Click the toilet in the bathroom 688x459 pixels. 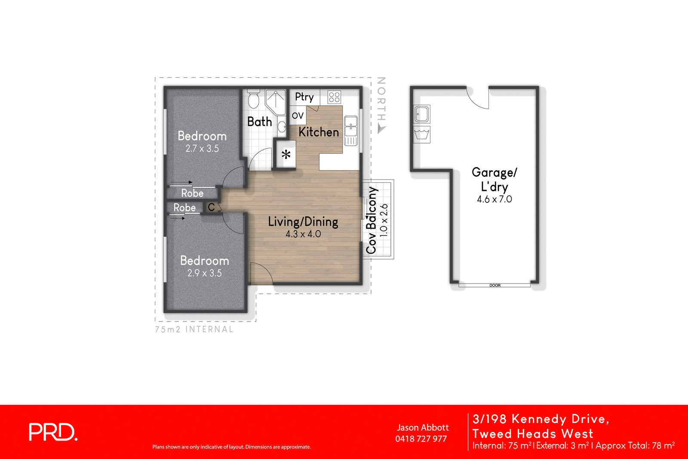click(254, 100)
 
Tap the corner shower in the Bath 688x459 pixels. click(276, 102)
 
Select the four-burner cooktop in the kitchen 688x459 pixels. click(334, 97)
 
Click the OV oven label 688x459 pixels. click(298, 116)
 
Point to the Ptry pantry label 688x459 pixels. click(304, 97)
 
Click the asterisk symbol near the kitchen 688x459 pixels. click(286, 155)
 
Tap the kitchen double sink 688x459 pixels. click(351, 125)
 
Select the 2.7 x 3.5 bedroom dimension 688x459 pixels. click(202, 149)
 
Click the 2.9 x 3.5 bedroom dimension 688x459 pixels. click(204, 273)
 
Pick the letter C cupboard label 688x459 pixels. click(211, 208)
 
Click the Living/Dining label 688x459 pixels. click(303, 222)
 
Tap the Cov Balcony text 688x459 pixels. click(371, 220)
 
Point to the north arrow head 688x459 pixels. click(381, 129)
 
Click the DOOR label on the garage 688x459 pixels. click(495, 285)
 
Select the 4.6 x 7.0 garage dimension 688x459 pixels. click(494, 199)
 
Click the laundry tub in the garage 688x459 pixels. click(422, 135)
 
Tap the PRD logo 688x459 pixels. click(53, 432)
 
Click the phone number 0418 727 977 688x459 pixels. click(421, 439)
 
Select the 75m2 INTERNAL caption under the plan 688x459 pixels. click(194, 330)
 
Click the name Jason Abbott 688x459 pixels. click(423, 428)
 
